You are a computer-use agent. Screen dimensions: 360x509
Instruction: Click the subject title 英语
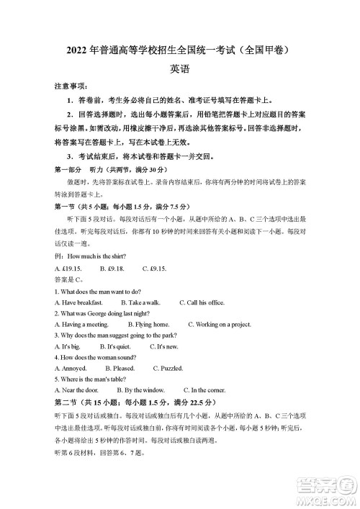[180, 70]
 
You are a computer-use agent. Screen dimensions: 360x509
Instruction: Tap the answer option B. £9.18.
[112, 269]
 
